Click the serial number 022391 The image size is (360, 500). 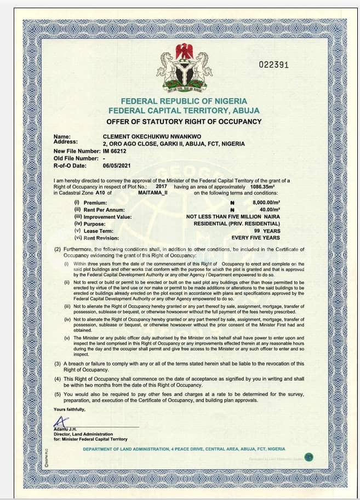tap(273, 65)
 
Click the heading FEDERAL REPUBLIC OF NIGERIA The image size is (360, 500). tap(184, 101)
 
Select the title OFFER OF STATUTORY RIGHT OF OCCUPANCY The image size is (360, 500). tap(184, 121)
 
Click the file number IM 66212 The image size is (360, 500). tap(115, 151)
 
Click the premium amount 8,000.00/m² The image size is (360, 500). tap(266, 203)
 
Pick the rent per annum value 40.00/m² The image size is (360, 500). tap(269, 210)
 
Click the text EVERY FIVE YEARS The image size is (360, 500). tap(255, 238)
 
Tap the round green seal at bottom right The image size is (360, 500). tap(309, 457)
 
